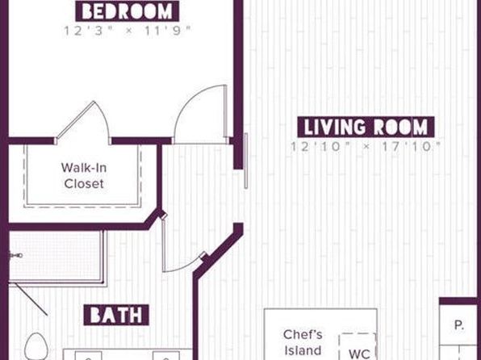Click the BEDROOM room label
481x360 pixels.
[x=128, y=11]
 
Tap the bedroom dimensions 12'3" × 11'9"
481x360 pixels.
[x=128, y=31]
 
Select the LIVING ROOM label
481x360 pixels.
[x=366, y=127]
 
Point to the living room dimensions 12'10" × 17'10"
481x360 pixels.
[x=366, y=147]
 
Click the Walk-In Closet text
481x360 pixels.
[x=84, y=175]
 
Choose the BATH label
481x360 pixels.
[x=116, y=315]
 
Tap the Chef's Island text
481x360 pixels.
[x=303, y=342]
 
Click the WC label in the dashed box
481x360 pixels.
[x=359, y=354]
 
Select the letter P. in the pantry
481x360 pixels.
[x=459, y=324]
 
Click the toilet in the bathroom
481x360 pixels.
[x=36, y=347]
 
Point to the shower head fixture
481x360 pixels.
[x=16, y=255]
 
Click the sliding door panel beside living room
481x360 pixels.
[x=245, y=161]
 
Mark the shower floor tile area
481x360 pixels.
[x=56, y=255]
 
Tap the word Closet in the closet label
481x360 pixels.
[x=84, y=184]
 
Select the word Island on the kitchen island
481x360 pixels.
[x=303, y=350]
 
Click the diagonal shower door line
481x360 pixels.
[x=31, y=299]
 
